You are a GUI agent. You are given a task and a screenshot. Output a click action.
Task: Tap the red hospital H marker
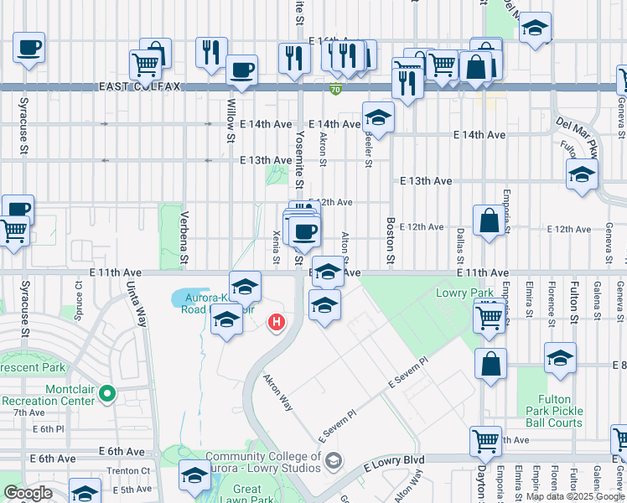[x=276, y=322]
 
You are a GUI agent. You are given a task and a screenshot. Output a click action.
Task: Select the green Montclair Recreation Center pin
[x=106, y=392]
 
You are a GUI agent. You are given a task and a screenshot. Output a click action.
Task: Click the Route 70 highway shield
[x=335, y=89]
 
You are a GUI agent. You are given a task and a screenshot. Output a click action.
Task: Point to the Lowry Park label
[x=458, y=293]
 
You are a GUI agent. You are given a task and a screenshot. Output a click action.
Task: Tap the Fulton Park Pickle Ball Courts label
[x=553, y=412]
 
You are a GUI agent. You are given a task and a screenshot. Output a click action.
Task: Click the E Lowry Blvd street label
[x=394, y=461]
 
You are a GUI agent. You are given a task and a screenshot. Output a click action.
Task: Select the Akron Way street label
[x=278, y=392]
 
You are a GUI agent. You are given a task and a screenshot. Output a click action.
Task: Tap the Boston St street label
[x=391, y=239]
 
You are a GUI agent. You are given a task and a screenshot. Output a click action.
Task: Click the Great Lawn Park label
[x=247, y=495]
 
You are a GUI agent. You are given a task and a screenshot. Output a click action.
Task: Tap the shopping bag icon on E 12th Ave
[x=489, y=221]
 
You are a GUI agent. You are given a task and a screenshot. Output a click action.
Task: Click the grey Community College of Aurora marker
[x=334, y=460]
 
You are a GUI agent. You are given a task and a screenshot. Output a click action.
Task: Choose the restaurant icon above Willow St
[x=211, y=51]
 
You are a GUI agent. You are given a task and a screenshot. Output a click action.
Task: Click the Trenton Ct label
[x=133, y=472]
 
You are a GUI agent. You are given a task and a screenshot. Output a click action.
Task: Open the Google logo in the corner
[x=28, y=493]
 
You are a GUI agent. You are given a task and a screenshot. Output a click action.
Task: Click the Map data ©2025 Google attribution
[x=575, y=496]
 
